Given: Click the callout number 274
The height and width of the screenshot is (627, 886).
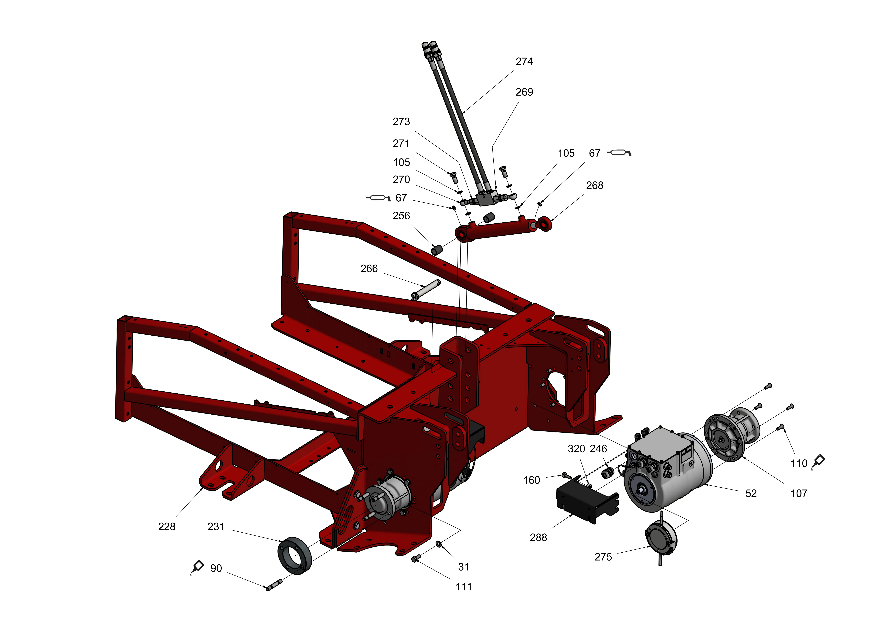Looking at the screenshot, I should pos(524,62).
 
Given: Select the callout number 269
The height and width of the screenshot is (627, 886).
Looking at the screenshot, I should pos(524,92).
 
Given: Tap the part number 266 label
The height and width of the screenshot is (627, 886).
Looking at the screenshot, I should pos(369,269).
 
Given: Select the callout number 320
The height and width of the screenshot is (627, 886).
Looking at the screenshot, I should pos(576,449).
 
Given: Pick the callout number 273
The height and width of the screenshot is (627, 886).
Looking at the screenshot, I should pos(401,122).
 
